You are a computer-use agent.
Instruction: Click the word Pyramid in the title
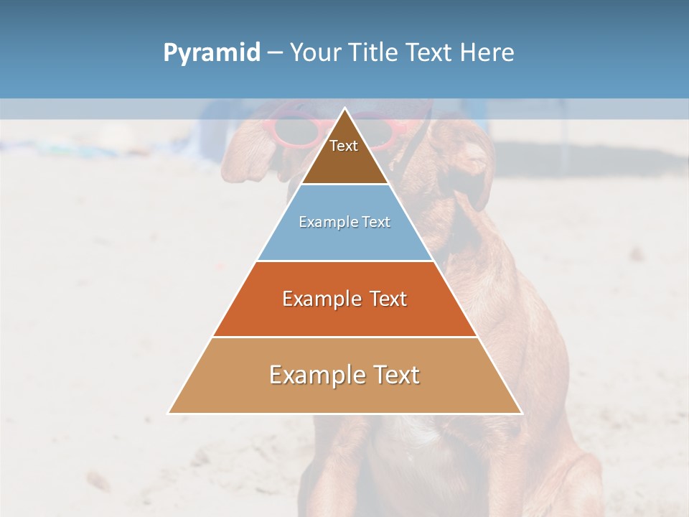(x=211, y=53)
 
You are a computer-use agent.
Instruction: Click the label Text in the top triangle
(x=344, y=146)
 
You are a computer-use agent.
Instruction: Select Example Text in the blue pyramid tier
(x=344, y=222)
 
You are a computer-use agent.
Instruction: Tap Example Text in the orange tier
(x=344, y=299)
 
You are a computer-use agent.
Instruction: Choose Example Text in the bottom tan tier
(x=344, y=375)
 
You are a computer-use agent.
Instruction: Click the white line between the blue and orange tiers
(x=344, y=261)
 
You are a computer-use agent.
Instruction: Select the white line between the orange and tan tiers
(x=344, y=337)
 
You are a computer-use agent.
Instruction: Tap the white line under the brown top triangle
(x=344, y=185)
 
